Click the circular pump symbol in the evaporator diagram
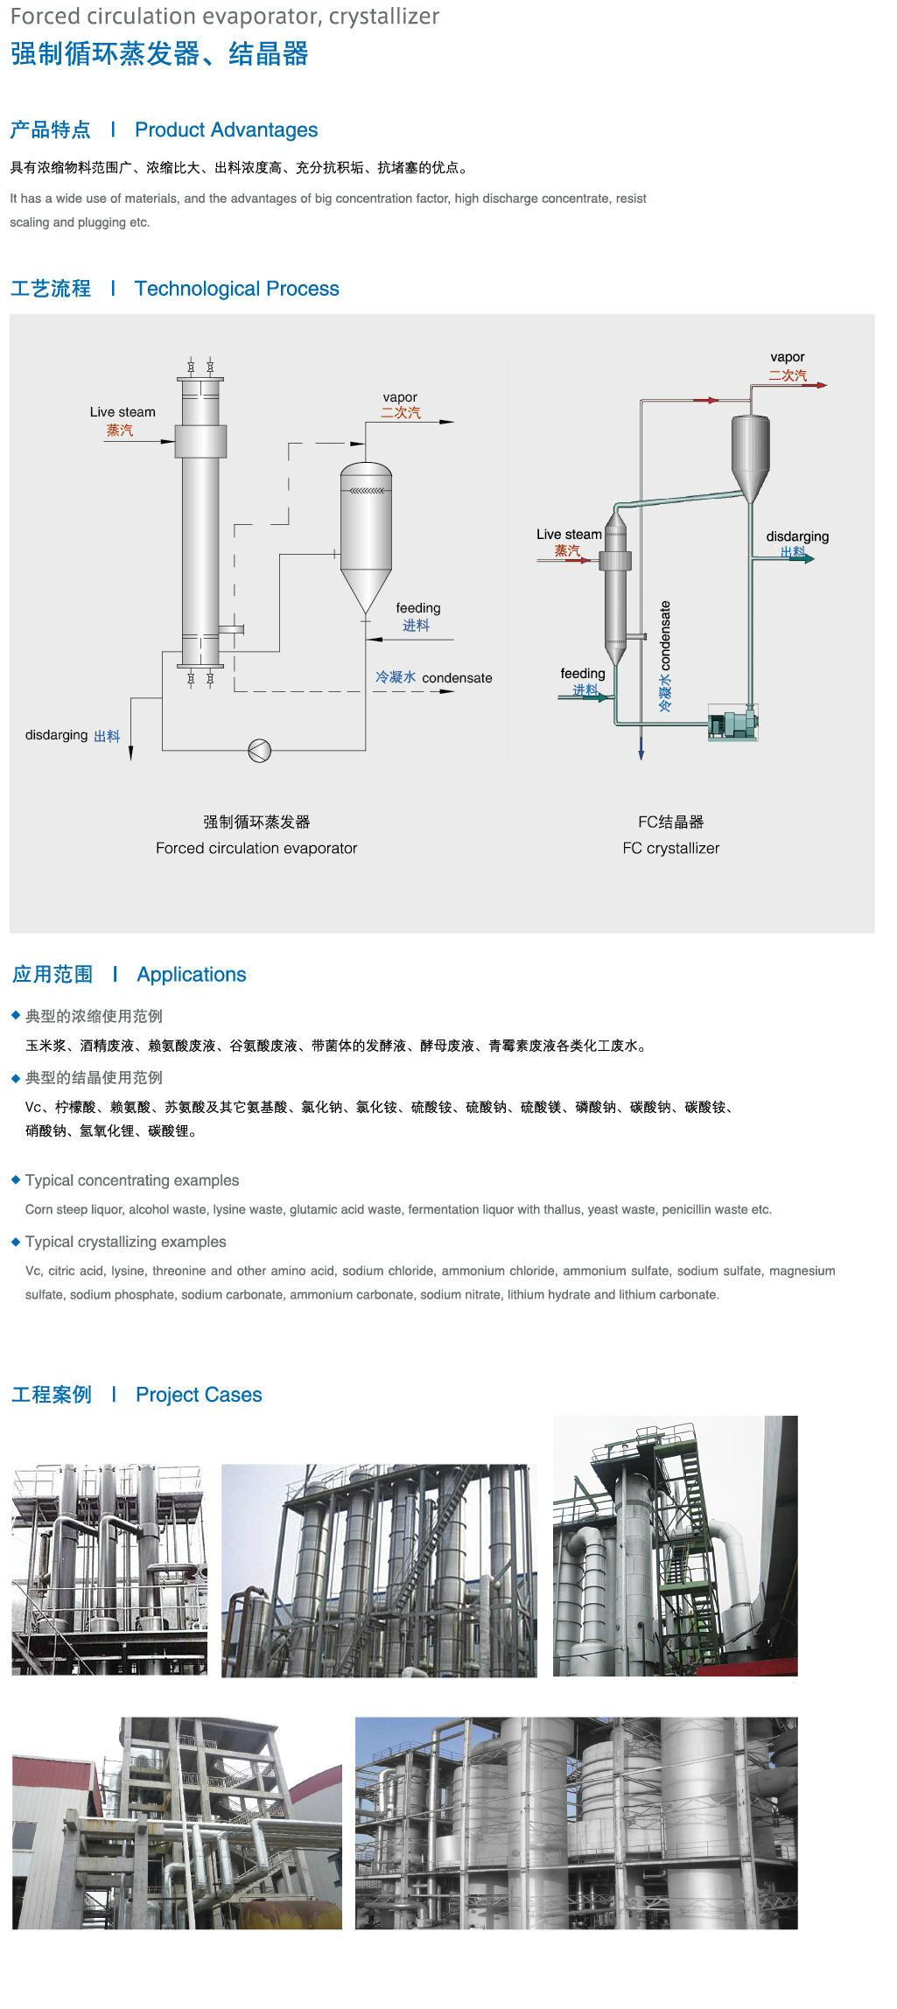pyautogui.click(x=260, y=750)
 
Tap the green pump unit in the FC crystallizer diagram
pyautogui.click(x=732, y=724)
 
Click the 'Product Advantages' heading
pyautogui.click(x=226, y=130)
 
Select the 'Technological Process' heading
pyautogui.click(x=236, y=289)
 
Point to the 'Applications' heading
pyautogui.click(x=192, y=975)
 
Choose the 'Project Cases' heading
pyautogui.click(x=199, y=1395)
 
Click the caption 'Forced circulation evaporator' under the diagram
pyautogui.click(x=256, y=848)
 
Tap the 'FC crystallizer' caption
pyautogui.click(x=671, y=848)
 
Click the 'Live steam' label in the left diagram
pyautogui.click(x=123, y=412)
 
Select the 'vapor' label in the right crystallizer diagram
pyautogui.click(x=788, y=357)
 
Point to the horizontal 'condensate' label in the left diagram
pyautogui.click(x=457, y=678)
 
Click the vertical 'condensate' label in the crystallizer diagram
pyautogui.click(x=665, y=636)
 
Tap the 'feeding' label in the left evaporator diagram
pyautogui.click(x=418, y=608)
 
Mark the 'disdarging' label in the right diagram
pyautogui.click(x=797, y=536)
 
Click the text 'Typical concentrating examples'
pyautogui.click(x=132, y=1180)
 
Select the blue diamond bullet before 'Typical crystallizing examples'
pyautogui.click(x=16, y=1242)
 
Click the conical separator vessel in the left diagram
pyautogui.click(x=366, y=534)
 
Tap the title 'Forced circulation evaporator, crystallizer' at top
pyautogui.click(x=225, y=17)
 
